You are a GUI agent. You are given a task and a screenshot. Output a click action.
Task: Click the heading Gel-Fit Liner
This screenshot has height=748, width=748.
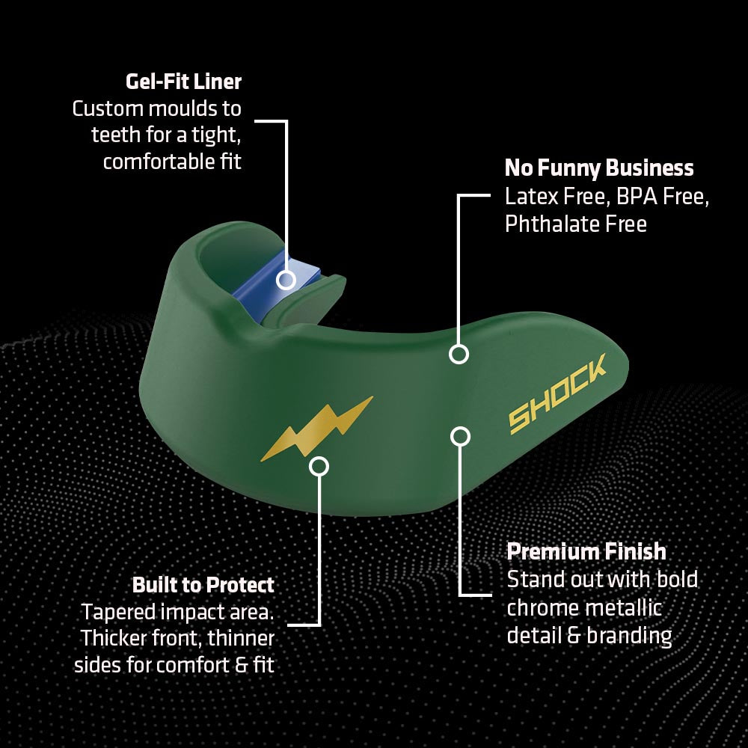tap(184, 82)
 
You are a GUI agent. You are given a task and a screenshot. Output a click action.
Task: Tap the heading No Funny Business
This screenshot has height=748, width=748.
tap(599, 168)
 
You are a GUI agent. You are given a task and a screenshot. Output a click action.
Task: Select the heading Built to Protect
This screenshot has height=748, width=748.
tap(203, 585)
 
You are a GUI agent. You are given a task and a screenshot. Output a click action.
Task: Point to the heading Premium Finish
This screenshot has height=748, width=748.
tap(586, 551)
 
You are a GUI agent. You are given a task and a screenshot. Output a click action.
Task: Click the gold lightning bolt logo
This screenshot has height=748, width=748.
tap(317, 429)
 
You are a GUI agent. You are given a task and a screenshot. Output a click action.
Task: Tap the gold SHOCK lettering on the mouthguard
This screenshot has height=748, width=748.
tap(557, 393)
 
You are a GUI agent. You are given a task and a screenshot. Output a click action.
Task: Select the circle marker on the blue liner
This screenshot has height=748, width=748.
tap(286, 280)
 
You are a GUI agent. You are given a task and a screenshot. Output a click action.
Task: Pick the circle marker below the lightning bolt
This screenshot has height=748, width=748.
tap(319, 466)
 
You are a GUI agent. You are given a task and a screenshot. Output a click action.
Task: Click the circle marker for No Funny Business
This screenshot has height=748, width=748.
tap(459, 354)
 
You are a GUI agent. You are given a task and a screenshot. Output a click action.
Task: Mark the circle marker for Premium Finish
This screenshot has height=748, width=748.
tap(460, 436)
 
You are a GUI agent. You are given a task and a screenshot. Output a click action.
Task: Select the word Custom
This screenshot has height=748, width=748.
tap(107, 108)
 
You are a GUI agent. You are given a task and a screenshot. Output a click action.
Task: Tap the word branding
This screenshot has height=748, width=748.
tap(629, 636)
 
